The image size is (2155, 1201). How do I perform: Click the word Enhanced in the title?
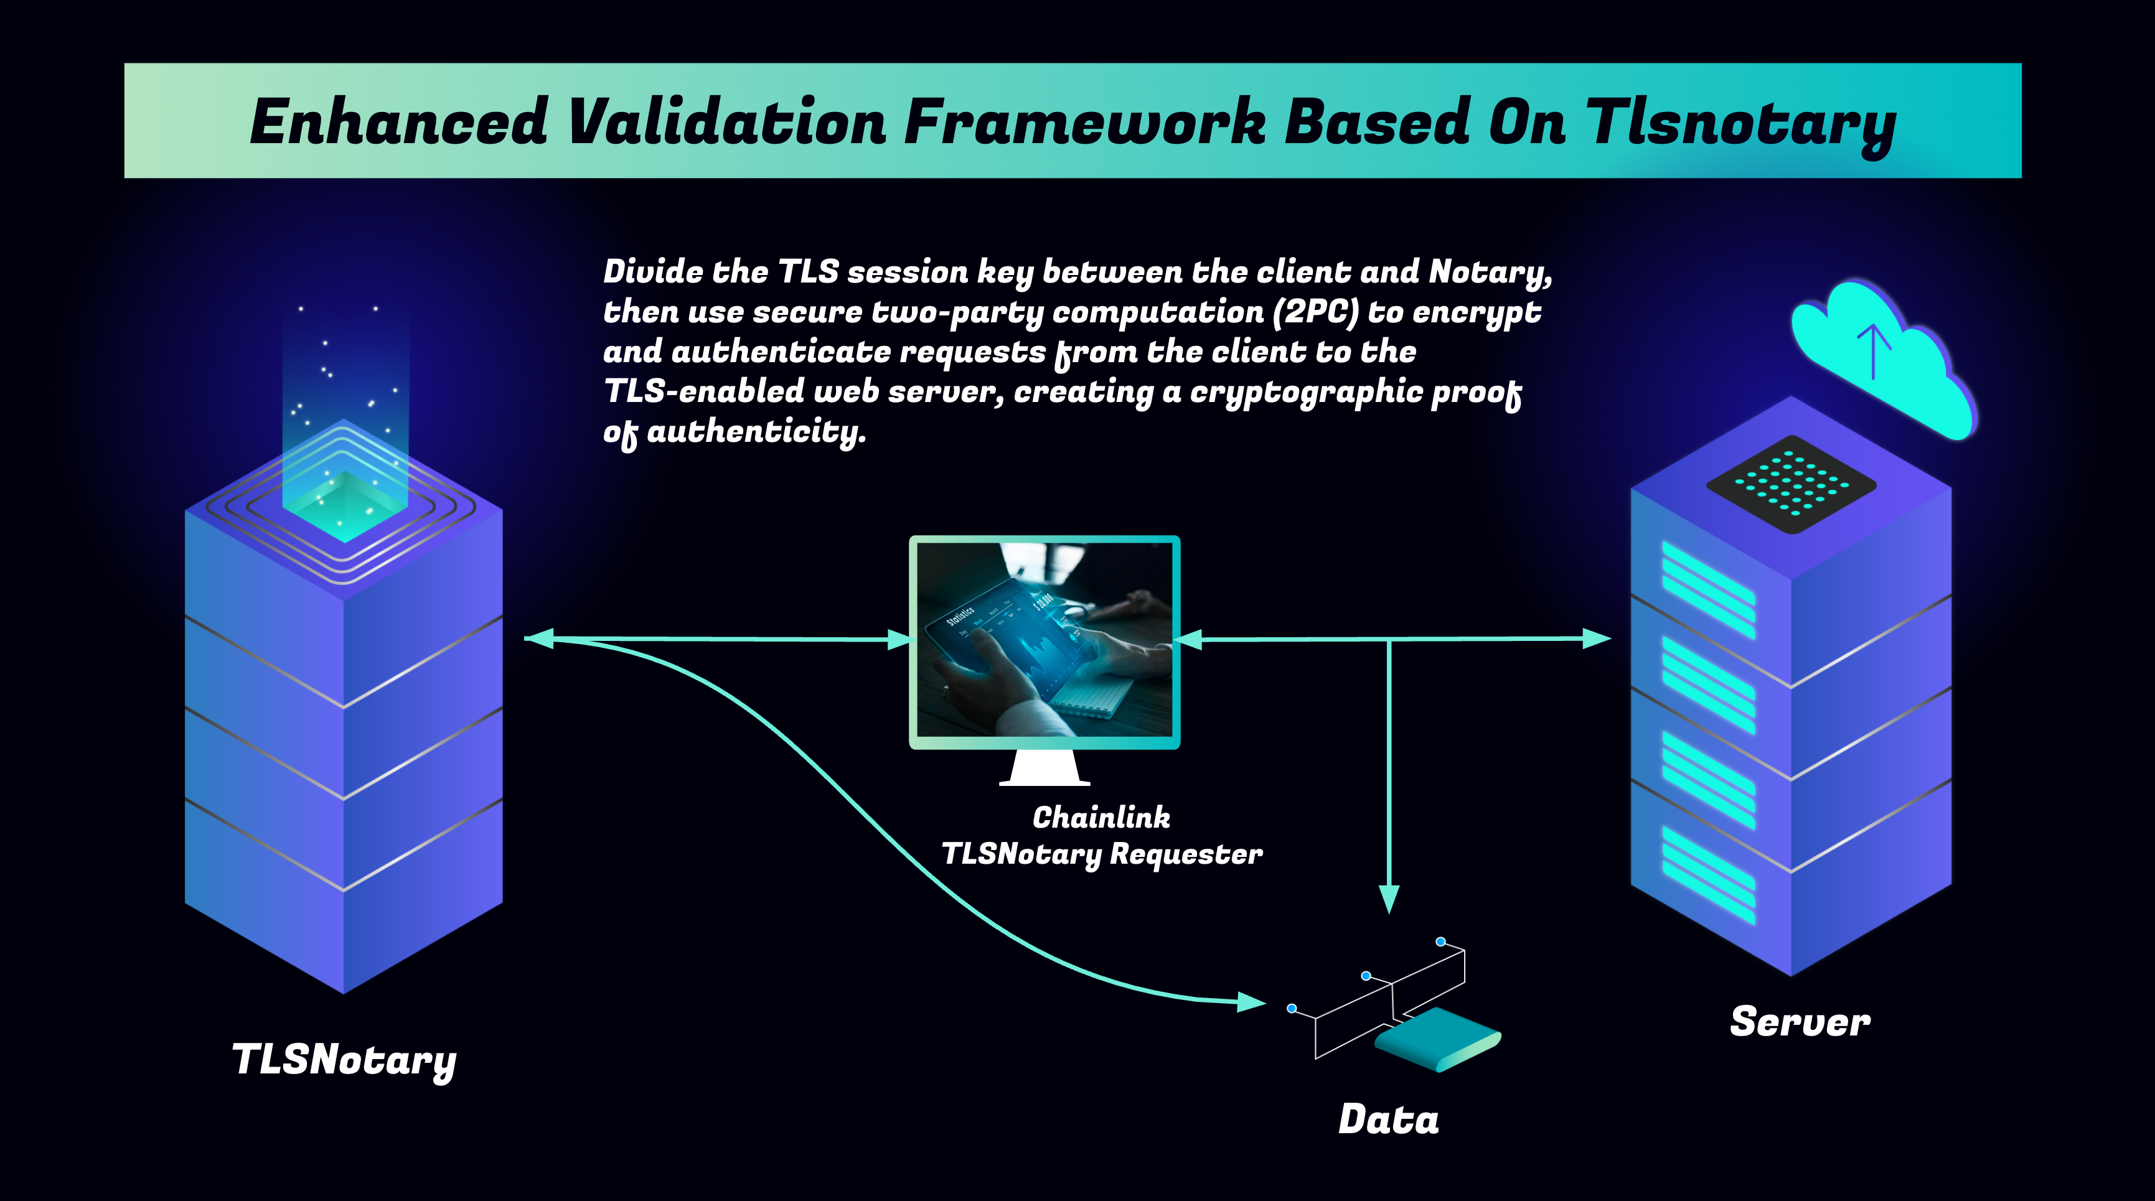(399, 122)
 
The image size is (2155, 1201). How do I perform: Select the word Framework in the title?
(1085, 122)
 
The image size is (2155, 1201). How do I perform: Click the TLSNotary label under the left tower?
(344, 1060)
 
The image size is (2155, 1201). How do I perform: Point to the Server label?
(1800, 1022)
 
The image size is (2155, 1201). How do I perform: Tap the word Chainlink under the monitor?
(1101, 817)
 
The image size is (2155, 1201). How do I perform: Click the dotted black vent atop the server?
(1791, 484)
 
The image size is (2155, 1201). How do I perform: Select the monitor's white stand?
(1044, 768)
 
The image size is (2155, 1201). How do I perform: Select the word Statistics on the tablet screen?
(960, 617)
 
